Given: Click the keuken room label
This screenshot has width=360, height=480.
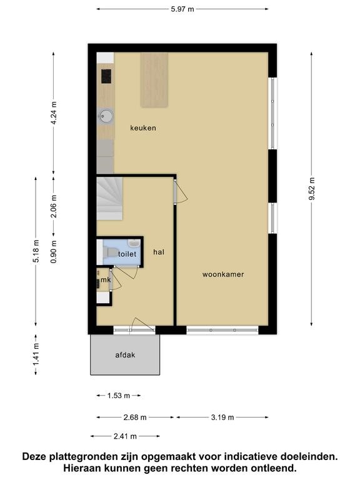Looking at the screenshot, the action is click(143, 128).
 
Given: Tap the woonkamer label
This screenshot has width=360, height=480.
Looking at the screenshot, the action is click(223, 274).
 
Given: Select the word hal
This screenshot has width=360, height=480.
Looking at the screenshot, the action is click(159, 252).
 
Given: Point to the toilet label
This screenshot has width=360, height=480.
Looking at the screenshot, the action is click(127, 254).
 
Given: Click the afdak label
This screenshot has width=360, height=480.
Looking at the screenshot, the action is click(125, 355).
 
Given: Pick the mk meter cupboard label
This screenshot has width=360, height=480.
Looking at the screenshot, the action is click(106, 279).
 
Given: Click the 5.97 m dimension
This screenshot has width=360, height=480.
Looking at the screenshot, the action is click(182, 9).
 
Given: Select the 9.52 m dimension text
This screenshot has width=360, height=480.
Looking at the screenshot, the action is click(312, 189).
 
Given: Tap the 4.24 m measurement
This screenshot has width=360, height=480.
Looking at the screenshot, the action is click(54, 112).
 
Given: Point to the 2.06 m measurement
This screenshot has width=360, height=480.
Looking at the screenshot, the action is click(54, 206).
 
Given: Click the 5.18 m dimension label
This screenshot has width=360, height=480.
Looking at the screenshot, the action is click(36, 251).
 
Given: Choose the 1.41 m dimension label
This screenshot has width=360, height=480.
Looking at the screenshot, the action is click(36, 354).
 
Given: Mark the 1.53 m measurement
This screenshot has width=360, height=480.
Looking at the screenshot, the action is click(119, 396).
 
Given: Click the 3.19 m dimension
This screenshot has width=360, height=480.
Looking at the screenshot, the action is click(222, 417).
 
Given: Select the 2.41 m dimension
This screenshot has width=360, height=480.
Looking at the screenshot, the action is click(125, 436).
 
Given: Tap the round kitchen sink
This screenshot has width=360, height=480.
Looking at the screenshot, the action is click(106, 116).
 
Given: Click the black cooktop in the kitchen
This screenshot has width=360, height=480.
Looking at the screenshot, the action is click(106, 76).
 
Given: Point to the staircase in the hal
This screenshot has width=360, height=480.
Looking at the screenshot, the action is click(109, 198).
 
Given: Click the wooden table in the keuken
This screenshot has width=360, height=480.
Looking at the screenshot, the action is click(154, 80).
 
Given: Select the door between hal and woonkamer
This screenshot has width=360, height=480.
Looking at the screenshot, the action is click(180, 192).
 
